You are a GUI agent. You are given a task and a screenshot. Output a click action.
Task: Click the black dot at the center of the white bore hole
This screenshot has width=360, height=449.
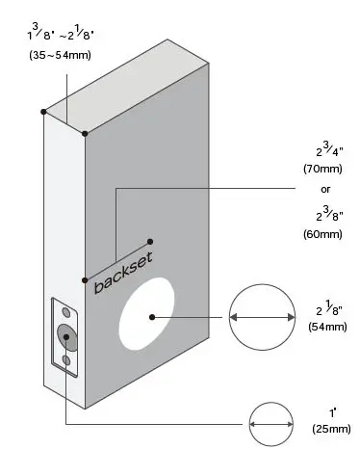click(x=151, y=315)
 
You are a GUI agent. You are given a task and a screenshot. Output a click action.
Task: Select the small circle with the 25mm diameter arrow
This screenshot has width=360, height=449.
click(x=270, y=422)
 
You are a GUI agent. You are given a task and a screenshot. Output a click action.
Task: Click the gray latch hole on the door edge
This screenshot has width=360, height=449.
click(x=67, y=335)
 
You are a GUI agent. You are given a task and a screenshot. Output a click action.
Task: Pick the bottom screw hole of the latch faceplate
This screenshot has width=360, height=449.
click(x=65, y=360)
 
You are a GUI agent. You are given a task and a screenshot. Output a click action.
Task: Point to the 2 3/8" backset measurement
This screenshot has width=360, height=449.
click(x=322, y=213)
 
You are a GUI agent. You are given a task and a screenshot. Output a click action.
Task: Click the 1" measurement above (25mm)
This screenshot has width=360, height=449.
click(x=329, y=411)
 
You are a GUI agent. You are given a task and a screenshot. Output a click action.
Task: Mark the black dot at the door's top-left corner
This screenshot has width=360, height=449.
click(x=43, y=112)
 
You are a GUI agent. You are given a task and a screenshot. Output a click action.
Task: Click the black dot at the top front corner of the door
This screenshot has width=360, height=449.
click(x=85, y=133)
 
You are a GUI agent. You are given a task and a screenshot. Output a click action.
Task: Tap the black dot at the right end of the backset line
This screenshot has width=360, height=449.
click(x=149, y=241)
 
